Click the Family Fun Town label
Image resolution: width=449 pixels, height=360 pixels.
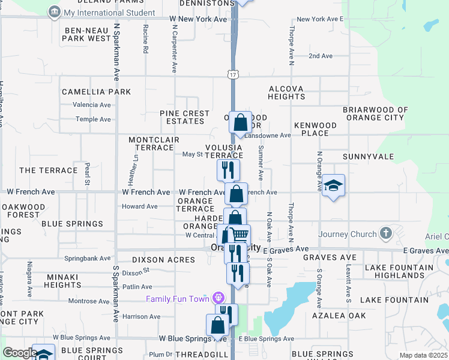click(177, 299)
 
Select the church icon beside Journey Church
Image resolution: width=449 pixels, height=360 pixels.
click(386, 233)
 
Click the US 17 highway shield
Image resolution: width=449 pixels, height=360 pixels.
click(233, 74)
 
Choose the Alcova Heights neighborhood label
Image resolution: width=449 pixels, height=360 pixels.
click(286, 92)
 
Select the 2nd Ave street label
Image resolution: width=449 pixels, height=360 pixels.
click(321, 56)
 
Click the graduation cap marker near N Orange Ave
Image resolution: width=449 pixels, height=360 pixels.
click(333, 186)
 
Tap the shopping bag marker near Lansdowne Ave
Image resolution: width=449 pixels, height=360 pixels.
click(240, 123)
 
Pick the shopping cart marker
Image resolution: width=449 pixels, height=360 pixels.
click(240, 235)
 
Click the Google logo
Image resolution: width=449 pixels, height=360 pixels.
click(20, 353)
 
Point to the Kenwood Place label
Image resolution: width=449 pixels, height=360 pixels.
click(315, 129)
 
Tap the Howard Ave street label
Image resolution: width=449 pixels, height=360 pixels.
click(140, 206)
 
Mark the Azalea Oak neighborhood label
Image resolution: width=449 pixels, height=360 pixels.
click(339, 315)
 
